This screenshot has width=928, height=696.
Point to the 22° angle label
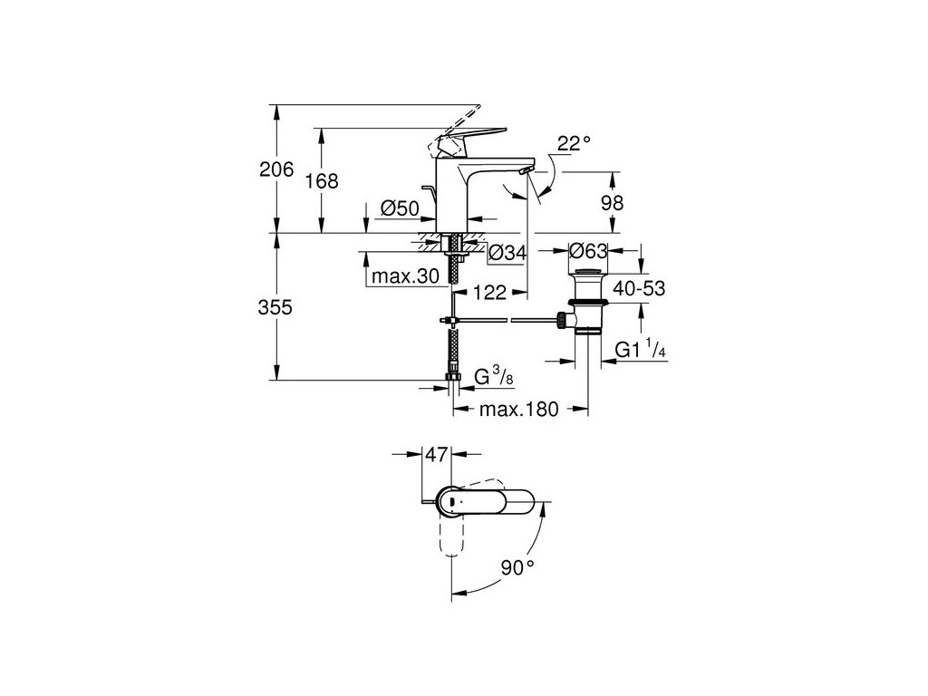click(574, 142)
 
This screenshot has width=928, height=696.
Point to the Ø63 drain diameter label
click(586, 249)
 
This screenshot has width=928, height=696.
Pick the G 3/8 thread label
click(493, 376)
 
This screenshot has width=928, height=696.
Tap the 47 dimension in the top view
click(438, 456)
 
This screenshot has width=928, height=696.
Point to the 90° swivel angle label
click(518, 568)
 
